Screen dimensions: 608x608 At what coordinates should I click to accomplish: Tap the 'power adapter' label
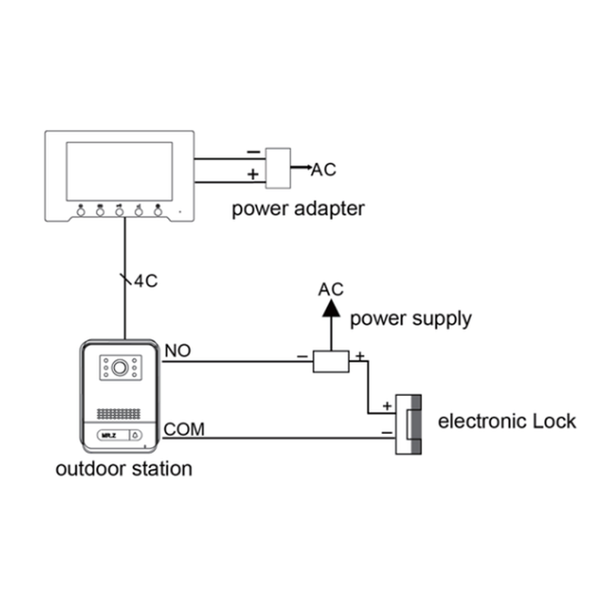(298, 207)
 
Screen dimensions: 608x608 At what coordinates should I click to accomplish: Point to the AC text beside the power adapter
(323, 169)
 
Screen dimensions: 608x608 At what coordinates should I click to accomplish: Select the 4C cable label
(145, 281)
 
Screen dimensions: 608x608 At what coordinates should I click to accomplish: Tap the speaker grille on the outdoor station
(119, 414)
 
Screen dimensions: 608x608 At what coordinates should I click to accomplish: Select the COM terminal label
(184, 429)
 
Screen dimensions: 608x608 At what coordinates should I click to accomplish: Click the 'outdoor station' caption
(124, 468)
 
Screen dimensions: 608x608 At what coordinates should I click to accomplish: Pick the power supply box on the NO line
(331, 361)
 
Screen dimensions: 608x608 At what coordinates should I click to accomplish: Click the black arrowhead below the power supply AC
(331, 308)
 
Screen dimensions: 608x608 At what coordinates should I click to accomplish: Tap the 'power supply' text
(410, 318)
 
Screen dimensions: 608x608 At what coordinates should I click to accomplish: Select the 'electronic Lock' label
(507, 421)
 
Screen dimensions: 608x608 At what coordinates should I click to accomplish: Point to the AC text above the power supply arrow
(331, 289)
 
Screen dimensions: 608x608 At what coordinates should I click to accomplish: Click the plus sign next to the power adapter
(252, 175)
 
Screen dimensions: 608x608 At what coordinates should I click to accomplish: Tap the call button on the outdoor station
(135, 436)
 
